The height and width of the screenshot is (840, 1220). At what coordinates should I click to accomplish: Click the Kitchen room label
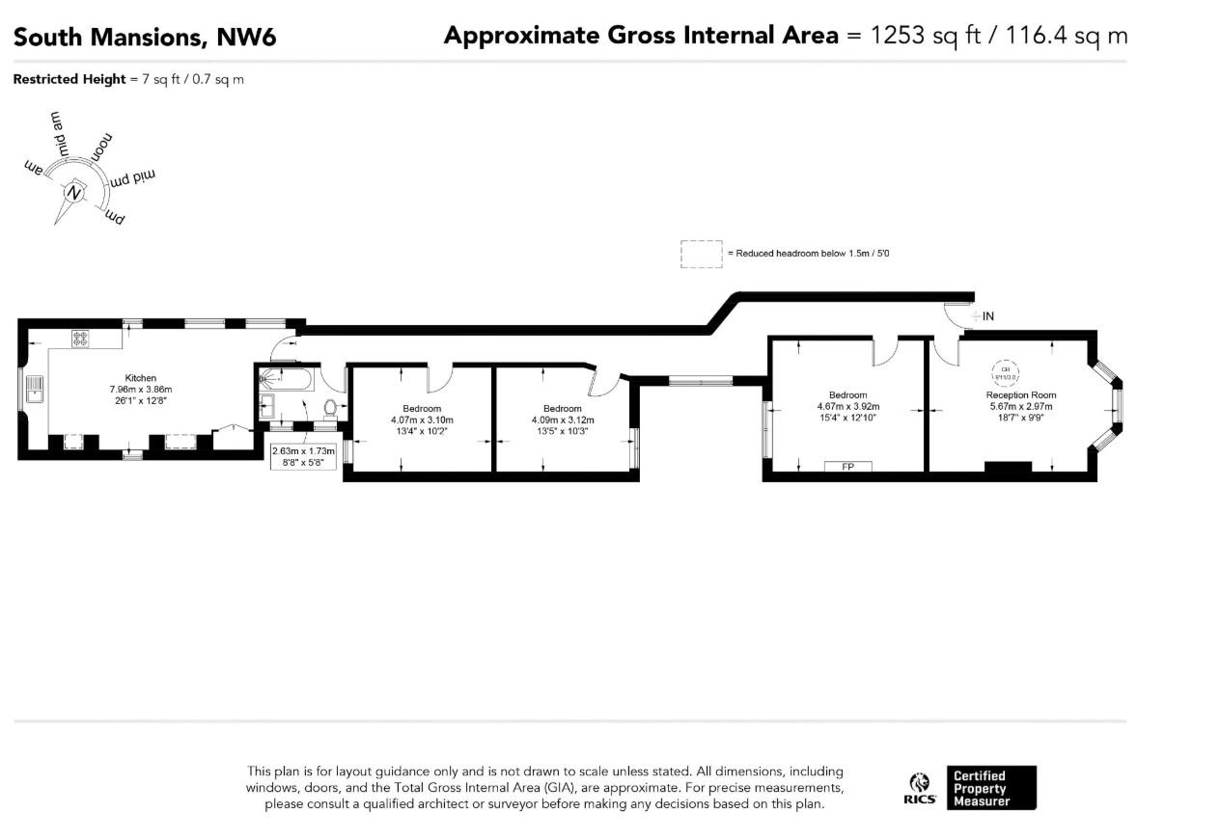point(140,378)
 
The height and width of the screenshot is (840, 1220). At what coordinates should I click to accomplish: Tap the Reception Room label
point(1020,394)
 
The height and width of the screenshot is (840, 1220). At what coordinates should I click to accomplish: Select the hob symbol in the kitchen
point(80,339)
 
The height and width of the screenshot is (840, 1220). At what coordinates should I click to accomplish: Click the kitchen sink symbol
point(34,388)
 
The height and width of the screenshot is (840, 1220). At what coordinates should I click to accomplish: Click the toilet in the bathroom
point(330,408)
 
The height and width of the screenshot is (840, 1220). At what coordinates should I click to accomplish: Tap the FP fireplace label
point(848,467)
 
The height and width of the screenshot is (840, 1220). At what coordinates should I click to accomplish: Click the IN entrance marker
point(987,315)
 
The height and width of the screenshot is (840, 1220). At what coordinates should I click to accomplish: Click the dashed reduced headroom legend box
point(701,254)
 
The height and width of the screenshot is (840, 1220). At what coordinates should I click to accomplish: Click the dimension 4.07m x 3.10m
point(422,420)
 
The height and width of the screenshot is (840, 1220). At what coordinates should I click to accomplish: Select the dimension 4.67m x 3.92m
point(847,406)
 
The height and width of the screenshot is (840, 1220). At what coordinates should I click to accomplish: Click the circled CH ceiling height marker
point(1006,372)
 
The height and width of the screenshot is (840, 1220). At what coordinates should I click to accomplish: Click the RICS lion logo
point(920,783)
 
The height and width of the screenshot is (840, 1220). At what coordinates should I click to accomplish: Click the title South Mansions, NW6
point(145,37)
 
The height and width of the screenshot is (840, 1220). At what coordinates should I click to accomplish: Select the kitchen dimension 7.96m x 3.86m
point(140,390)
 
